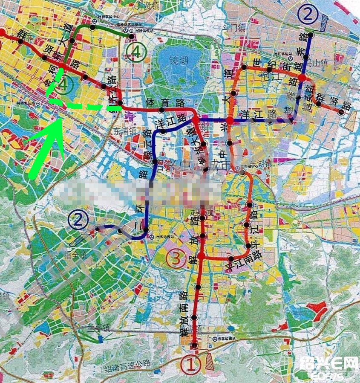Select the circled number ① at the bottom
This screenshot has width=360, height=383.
click(190, 365)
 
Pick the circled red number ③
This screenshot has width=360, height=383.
click(175, 258)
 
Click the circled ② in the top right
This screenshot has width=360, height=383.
click(308, 15)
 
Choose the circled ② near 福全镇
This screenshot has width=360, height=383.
click(78, 220)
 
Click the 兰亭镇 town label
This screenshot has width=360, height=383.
click(96, 328)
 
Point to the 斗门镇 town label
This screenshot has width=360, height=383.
click(233, 28)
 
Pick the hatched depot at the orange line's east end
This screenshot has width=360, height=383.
click(351, 122)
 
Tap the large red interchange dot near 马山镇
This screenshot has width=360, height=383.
click(302, 78)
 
